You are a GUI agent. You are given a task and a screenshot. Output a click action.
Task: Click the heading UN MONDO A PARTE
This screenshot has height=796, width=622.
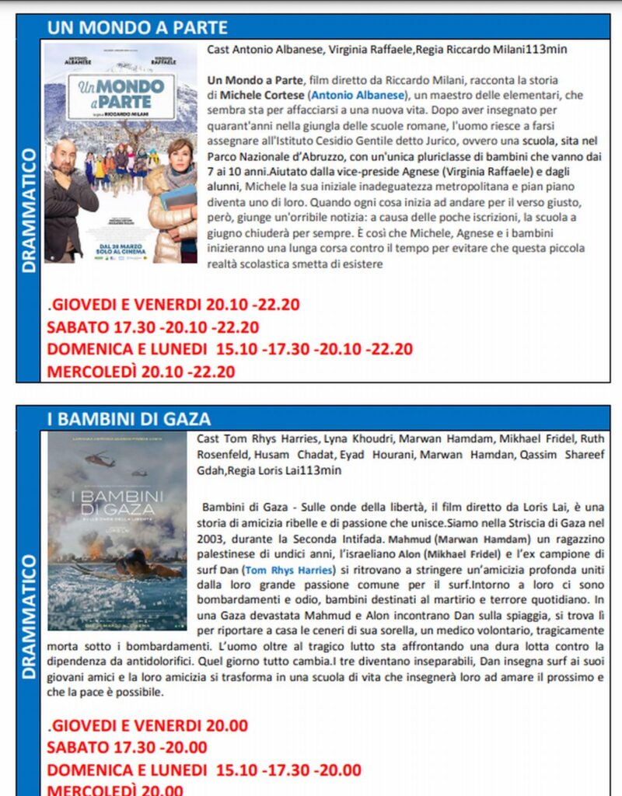pyautogui.click(x=138, y=28)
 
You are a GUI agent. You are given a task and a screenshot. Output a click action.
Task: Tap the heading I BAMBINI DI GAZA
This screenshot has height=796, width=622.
pyautogui.click(x=129, y=419)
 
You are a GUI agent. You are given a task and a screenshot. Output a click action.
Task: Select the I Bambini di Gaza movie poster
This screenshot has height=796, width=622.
pyautogui.click(x=117, y=530)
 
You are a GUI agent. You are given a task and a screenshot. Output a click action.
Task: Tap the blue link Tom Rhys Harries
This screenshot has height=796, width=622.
pyautogui.click(x=288, y=570)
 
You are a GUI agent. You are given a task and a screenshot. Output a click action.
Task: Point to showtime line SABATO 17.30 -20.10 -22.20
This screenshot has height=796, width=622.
pyautogui.click(x=153, y=327)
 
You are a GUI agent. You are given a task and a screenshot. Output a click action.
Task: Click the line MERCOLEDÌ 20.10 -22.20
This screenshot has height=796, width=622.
pyautogui.click(x=141, y=372)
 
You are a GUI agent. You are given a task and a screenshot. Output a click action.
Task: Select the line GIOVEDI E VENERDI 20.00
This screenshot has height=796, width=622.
pyautogui.click(x=148, y=725)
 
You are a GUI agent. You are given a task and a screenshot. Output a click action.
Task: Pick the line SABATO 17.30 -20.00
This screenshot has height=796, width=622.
pyautogui.click(x=128, y=748)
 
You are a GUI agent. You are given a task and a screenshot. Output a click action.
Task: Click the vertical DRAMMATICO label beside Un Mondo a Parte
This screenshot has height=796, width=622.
pyautogui.click(x=30, y=211)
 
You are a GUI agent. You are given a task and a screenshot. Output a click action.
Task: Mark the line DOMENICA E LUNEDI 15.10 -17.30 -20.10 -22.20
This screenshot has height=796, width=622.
pyautogui.click(x=230, y=350)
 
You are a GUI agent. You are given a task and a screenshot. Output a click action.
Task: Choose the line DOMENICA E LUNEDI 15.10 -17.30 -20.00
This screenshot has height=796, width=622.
pyautogui.click(x=204, y=770)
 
